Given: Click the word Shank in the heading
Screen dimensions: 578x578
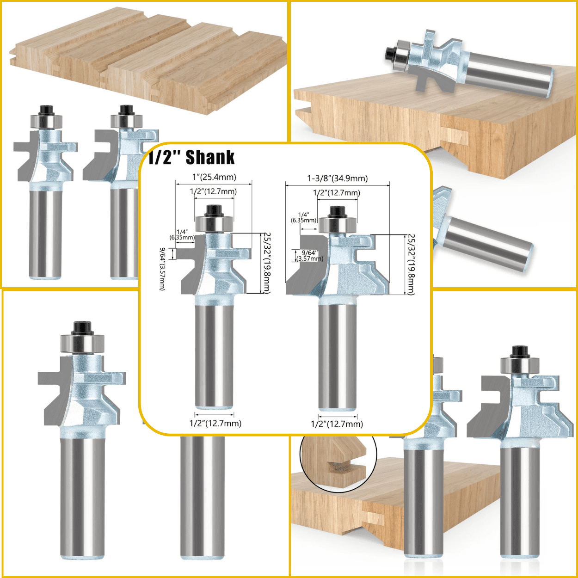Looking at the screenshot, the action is (210, 158).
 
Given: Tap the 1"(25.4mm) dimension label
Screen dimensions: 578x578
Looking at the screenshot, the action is (214, 177).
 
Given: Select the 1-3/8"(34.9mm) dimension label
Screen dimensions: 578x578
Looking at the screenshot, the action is (338, 178).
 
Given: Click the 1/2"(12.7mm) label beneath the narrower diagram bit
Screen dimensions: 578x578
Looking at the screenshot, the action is (215, 423).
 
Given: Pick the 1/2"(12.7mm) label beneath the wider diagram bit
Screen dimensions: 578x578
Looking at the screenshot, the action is (337, 424).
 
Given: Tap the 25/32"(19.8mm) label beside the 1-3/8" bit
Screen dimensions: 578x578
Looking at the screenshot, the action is (410, 264).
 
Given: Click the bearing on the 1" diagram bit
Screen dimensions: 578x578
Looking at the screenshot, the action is (214, 224).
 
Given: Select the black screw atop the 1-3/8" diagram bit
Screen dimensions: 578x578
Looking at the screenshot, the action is (338, 212).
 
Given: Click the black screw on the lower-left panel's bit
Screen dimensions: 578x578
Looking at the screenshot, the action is (82, 327).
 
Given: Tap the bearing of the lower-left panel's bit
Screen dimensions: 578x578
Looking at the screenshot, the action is (82, 344).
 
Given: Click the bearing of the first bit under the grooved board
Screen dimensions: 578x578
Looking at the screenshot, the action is (46, 122).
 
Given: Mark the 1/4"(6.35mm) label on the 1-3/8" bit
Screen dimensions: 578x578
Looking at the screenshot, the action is (303, 217).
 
